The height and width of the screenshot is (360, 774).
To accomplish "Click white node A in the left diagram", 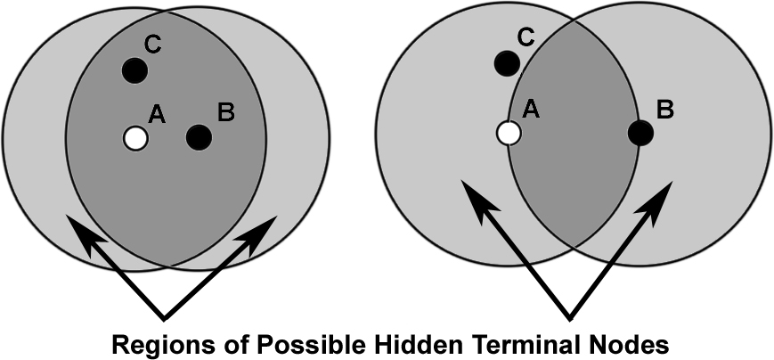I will pos(135,138).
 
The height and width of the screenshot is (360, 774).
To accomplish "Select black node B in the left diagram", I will pos(199,137).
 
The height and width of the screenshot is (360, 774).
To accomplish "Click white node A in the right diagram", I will pos(508,133).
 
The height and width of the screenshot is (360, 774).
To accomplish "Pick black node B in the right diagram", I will pos(640,133).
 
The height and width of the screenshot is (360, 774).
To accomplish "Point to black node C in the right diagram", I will pos(506,63).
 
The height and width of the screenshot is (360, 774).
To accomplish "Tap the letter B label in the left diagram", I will pos(225,112).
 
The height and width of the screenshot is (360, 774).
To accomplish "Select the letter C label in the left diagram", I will pos(152,44).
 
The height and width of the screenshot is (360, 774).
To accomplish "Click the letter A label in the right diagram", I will pos(532,108).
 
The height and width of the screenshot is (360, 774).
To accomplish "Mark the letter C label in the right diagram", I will pos(526,37).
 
